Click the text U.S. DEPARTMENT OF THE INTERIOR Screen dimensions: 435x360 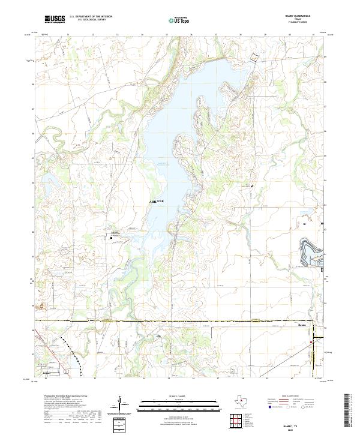pos(91,17)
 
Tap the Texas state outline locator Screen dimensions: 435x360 pos(243,401)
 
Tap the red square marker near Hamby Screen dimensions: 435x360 pos(311,343)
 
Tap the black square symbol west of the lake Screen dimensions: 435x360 pos(112,238)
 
